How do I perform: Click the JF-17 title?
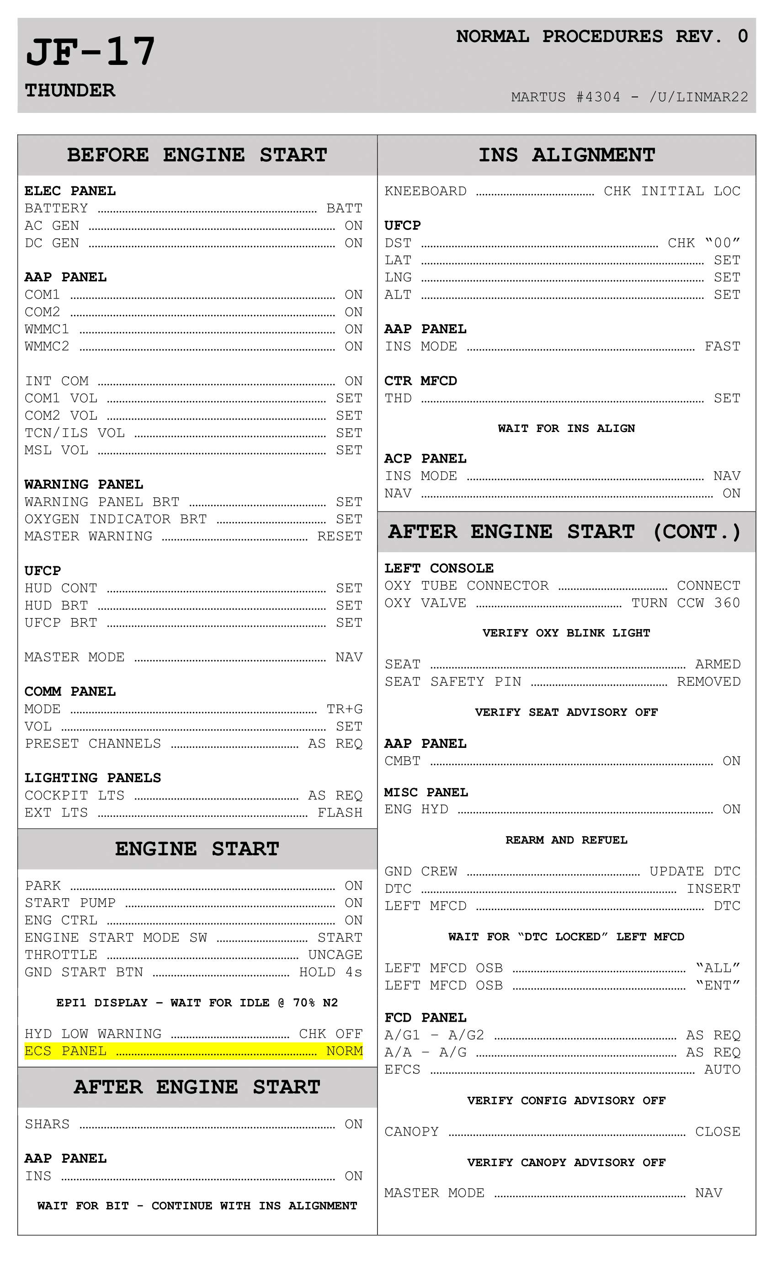90,52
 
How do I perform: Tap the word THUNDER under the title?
70,91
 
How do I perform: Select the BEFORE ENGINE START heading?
197,155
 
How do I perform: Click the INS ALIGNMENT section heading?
566,155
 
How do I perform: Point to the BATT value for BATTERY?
344,208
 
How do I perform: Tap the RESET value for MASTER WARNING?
340,536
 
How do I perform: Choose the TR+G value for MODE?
344,709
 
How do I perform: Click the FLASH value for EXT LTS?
340,812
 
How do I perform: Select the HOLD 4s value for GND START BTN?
330,972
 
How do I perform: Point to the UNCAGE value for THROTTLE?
335,955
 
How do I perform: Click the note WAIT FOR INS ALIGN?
566,429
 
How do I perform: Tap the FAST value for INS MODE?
722,347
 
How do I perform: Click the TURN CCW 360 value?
686,603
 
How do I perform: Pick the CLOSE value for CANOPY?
717,1131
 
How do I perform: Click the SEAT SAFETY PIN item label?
453,682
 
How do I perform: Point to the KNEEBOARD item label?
426,191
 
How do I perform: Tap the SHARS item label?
47,1124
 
